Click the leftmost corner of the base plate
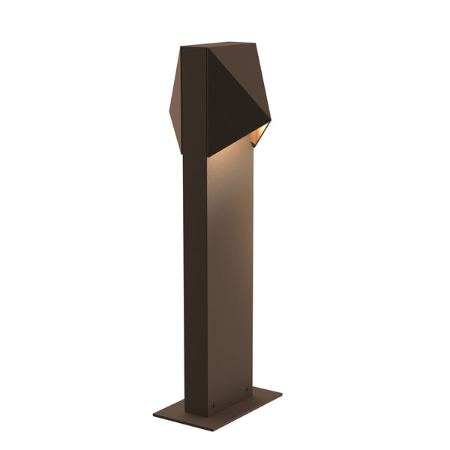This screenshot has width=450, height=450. (x=153, y=413)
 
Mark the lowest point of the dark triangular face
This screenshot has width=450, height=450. (x=208, y=157)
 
